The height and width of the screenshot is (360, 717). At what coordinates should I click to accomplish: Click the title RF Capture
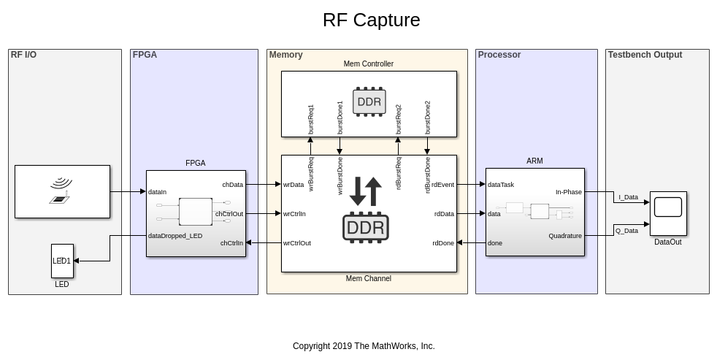click(371, 20)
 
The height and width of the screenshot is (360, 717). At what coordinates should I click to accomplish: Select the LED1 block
click(62, 261)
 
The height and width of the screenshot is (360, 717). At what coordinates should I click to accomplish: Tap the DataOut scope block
click(668, 213)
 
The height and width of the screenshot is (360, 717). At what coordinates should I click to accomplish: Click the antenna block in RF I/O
click(62, 191)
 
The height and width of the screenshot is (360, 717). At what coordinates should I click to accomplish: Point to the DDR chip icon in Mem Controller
click(369, 102)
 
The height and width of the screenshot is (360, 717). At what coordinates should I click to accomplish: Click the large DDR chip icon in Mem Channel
click(365, 227)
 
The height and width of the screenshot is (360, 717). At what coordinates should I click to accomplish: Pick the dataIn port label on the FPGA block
click(158, 192)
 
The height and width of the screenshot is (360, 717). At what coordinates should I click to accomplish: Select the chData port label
click(233, 185)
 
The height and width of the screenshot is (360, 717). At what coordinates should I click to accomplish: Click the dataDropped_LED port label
click(175, 236)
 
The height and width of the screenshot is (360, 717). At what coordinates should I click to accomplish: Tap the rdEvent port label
click(442, 185)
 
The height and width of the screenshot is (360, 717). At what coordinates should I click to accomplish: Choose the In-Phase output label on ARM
click(569, 192)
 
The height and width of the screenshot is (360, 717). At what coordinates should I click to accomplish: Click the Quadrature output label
click(565, 236)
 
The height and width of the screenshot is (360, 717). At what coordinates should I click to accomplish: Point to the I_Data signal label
click(628, 197)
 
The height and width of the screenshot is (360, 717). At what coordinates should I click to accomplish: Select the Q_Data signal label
click(626, 231)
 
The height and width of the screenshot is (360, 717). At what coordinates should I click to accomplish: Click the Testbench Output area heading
click(645, 55)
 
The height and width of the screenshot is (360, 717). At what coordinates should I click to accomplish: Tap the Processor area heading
click(499, 55)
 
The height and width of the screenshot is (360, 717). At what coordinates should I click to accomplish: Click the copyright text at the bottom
click(364, 346)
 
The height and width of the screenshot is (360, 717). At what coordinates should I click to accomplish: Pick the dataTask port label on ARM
click(501, 185)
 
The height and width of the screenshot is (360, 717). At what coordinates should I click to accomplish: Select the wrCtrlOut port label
click(297, 243)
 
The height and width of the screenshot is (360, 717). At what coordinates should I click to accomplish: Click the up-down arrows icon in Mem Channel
click(366, 191)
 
